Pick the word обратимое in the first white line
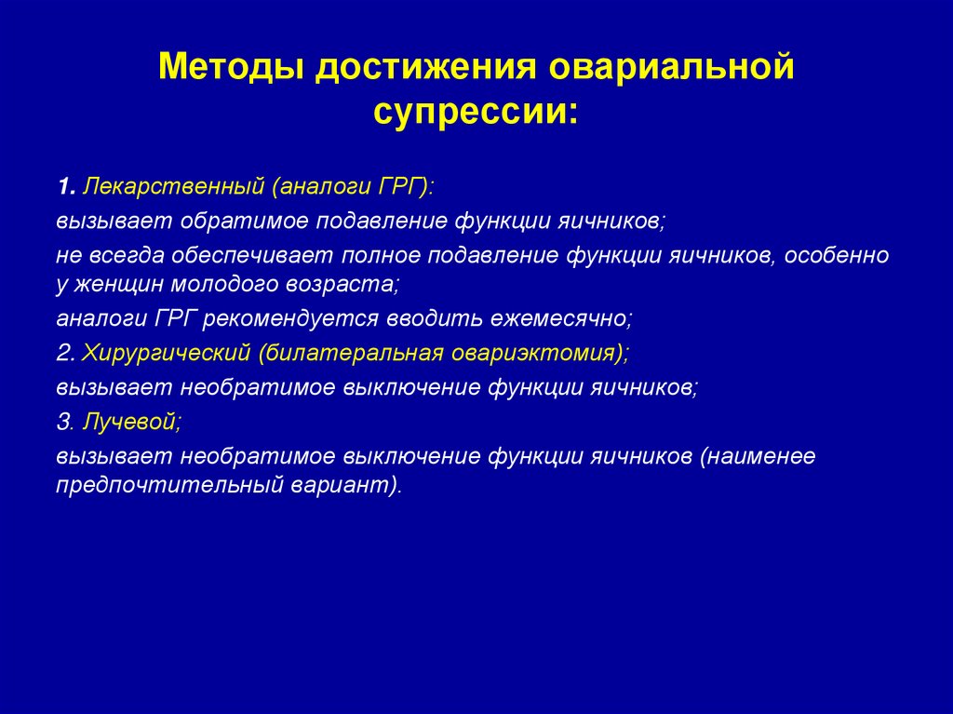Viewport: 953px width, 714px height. (235, 222)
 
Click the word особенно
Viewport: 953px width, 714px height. (836, 255)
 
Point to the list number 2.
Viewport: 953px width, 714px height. (64, 353)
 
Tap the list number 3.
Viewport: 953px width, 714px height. (64, 422)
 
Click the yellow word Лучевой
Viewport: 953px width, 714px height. (129, 422)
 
